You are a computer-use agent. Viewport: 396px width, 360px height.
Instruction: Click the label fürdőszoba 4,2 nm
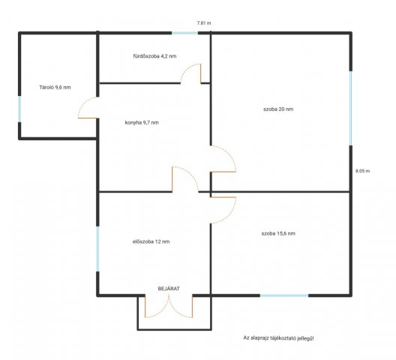click(154, 56)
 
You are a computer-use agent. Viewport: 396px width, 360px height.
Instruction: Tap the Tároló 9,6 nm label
click(55, 88)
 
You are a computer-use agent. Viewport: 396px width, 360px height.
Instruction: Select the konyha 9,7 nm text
click(142, 123)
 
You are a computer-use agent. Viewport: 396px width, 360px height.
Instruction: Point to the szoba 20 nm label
click(278, 109)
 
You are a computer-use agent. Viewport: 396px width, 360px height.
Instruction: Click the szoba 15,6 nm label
click(278, 233)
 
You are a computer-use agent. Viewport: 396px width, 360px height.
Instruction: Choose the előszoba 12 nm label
click(151, 241)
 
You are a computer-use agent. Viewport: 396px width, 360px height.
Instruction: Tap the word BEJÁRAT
click(169, 289)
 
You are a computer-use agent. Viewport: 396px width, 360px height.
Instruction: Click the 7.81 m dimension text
click(204, 23)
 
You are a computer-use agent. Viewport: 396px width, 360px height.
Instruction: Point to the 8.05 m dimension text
click(363, 171)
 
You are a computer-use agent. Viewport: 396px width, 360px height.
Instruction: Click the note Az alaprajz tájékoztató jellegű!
click(278, 337)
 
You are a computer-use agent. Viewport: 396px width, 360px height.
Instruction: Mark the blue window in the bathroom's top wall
click(184, 33)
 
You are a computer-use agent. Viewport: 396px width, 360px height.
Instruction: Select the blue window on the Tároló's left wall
click(19, 109)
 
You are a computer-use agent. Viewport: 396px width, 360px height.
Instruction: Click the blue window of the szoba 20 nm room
click(350, 108)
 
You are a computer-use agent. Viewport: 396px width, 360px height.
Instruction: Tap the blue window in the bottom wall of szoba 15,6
click(284, 295)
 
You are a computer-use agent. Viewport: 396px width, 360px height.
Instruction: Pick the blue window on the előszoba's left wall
click(97, 249)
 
